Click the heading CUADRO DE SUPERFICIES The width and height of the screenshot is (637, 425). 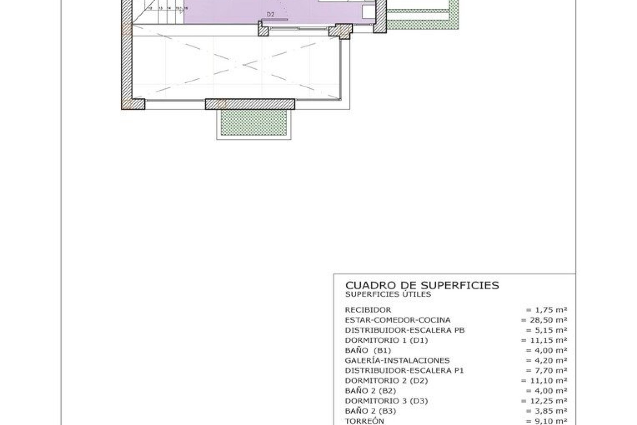tap(422, 285)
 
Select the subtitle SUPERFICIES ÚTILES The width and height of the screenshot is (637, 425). tap(388, 294)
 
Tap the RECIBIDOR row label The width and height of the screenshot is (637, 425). tap(368, 310)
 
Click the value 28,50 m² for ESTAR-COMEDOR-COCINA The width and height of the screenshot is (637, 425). tap(544, 320)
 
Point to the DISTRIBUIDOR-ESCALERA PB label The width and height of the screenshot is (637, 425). tap(405, 330)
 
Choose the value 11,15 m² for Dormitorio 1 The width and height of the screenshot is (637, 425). tap(544, 340)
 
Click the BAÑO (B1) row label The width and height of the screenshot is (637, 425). tap(368, 350)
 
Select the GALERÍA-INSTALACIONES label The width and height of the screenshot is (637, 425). tap(397, 360)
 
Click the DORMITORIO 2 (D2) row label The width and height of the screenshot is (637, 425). tap(386, 381)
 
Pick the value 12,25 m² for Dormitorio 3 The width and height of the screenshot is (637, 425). tap(544, 401)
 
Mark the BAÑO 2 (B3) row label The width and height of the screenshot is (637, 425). tap(370, 411)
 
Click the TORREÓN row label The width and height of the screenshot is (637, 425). tap(364, 421)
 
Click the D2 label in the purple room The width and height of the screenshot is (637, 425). tap(270, 14)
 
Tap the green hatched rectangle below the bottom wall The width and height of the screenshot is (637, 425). tap(254, 123)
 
